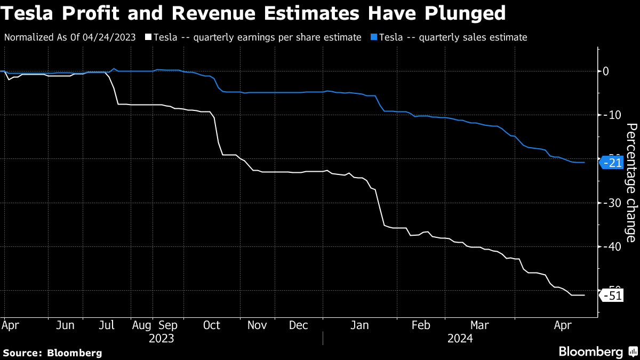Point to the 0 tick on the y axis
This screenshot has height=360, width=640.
[606, 71]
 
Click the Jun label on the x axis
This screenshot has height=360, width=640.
[65, 325]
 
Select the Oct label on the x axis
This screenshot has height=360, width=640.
[212, 325]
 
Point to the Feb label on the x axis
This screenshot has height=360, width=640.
[421, 325]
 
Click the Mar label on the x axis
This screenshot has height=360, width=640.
[479, 325]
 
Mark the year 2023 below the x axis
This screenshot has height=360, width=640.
[162, 338]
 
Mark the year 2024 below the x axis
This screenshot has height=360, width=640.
[460, 338]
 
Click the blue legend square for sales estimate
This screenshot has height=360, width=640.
[374, 37]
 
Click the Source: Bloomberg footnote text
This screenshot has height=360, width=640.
[52, 353]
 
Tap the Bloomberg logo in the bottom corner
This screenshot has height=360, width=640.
[597, 352]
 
